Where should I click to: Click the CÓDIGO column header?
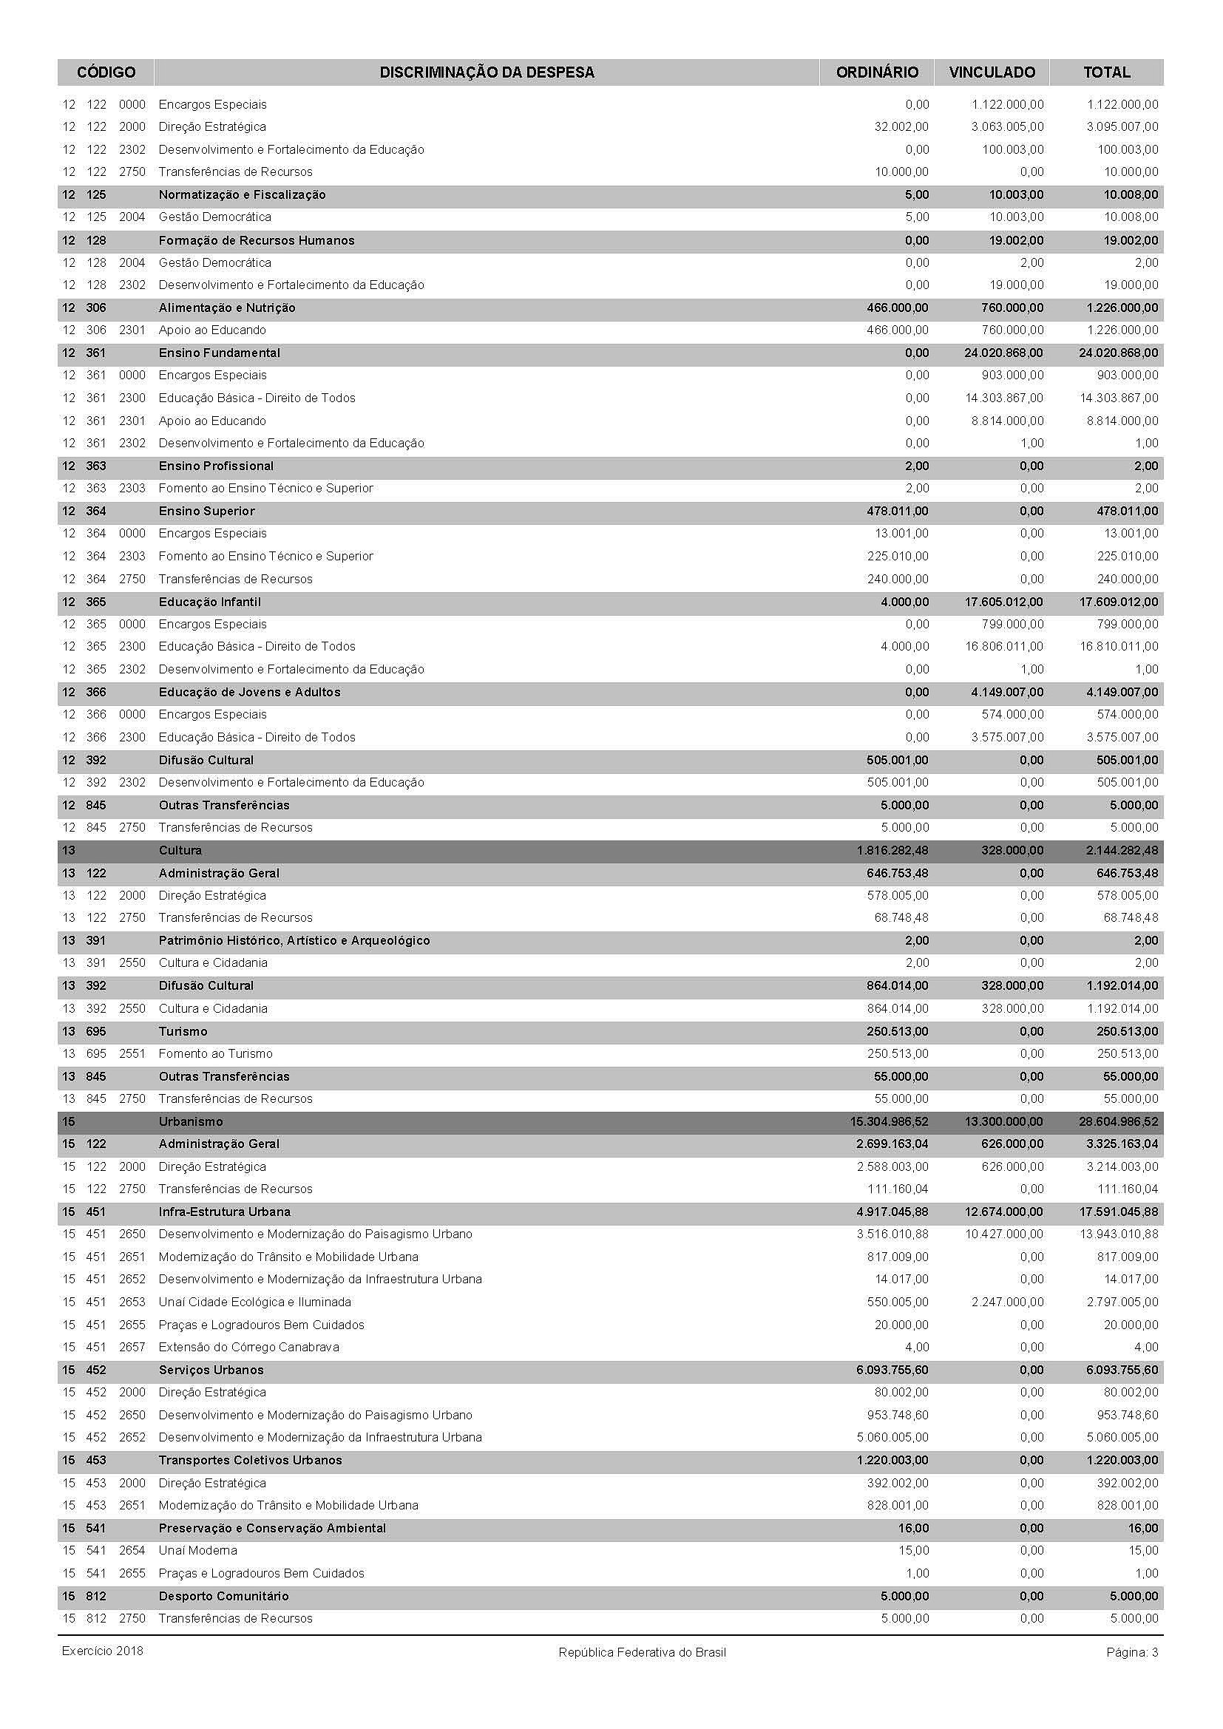106,72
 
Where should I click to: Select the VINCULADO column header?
992,72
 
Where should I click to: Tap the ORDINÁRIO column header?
877,72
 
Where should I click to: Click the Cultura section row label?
180,850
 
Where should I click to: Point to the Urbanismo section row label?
191,1121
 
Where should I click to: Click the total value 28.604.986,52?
1118,1121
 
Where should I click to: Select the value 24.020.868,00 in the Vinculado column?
1004,353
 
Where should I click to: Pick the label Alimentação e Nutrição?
227,308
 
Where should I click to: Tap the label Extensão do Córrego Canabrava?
248,1348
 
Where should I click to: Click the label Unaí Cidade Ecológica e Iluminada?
254,1302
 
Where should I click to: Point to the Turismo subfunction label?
182,1031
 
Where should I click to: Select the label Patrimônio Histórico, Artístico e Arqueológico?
294,940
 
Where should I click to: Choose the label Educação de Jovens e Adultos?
249,692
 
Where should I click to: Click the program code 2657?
132,1348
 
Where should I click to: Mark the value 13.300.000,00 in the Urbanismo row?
1004,1121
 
